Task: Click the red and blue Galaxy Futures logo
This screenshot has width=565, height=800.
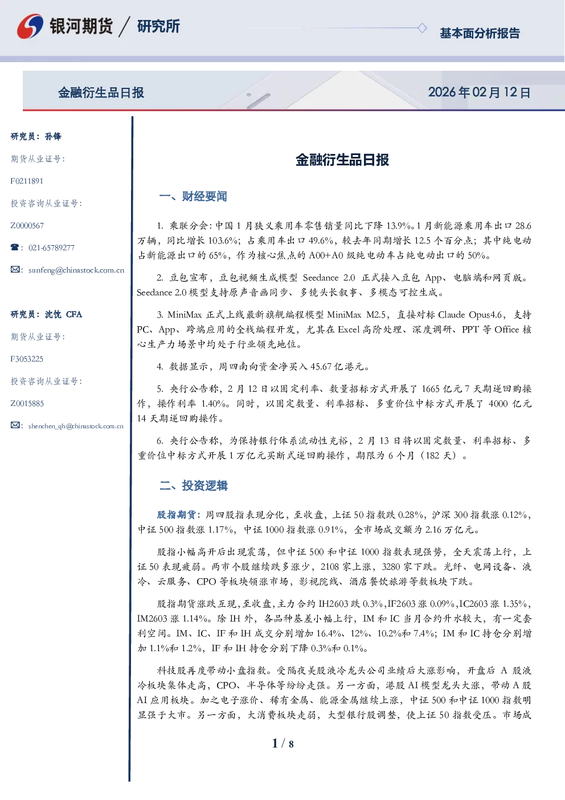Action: coord(30,26)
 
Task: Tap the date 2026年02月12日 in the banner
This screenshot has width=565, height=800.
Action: coord(479,92)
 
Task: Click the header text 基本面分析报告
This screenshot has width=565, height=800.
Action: coord(480,33)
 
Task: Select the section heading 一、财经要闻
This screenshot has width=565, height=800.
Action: coord(193,196)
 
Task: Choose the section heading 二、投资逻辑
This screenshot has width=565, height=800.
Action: coord(193,485)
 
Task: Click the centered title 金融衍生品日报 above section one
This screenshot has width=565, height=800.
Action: coord(342,160)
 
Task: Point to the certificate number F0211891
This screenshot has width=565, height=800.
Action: coord(27,181)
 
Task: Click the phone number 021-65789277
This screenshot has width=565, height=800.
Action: coord(51,247)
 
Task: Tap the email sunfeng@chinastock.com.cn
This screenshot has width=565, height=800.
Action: coord(76,270)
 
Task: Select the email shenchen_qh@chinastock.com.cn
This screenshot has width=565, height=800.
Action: coord(76,426)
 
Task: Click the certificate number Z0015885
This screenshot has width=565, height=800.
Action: coord(27,404)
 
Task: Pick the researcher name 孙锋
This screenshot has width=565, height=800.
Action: coord(53,136)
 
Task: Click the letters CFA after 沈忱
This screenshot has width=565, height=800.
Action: coord(74,314)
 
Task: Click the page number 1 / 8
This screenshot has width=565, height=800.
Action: coord(282,744)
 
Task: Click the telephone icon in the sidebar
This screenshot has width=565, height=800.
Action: coord(15,247)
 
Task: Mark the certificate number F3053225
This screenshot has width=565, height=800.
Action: coord(27,359)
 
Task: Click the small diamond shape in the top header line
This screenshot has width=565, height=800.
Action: coord(422,28)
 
